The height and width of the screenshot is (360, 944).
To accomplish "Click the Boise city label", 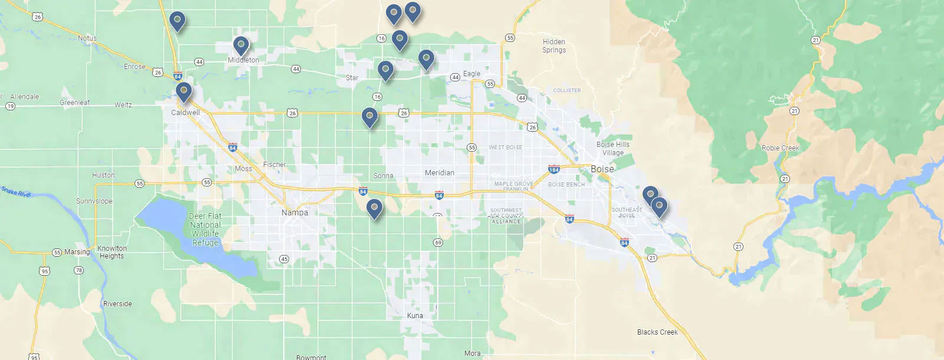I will tap(602, 169).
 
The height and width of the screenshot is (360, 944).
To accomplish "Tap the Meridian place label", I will tap(440, 173).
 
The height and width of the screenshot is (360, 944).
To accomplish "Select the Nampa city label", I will tap(294, 212).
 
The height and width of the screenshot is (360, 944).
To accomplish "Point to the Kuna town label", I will tap(415, 316).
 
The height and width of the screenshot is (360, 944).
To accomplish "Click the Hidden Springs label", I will tap(554, 46).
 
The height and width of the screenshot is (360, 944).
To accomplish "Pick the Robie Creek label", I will tap(780, 148).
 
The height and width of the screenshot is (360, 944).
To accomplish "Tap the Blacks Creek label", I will tap(657, 332).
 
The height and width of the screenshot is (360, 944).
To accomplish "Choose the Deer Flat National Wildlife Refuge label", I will tap(205, 230).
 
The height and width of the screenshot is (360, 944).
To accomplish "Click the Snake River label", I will tap(16, 191).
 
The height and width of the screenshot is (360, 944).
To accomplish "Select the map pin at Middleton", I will tap(241, 45).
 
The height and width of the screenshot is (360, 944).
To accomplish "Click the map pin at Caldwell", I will tap(183, 91).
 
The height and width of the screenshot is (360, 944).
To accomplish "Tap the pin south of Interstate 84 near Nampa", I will tap(374, 208).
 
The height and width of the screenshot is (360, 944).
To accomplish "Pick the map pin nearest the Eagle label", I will tap(426, 59).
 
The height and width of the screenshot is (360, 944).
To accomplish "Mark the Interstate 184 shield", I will tap(553, 169).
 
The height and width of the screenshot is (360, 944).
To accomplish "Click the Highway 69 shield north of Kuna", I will tap(438, 243).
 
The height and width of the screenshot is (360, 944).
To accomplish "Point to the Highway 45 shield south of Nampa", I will tap(284, 259).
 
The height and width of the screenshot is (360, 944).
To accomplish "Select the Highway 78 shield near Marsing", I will tap(78, 270).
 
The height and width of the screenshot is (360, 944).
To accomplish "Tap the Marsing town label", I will tap(77, 252).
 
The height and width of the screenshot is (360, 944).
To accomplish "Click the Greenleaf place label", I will tap(75, 103).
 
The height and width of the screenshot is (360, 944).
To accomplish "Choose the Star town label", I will tap(352, 78).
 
